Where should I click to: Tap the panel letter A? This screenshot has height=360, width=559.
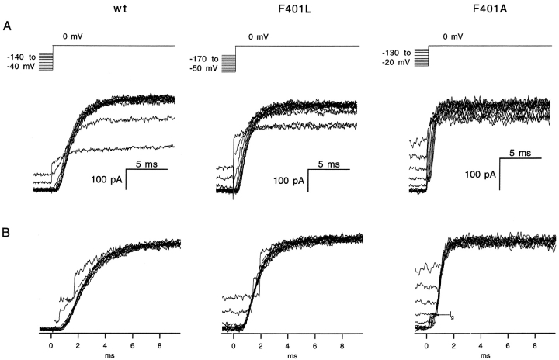(6, 26)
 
